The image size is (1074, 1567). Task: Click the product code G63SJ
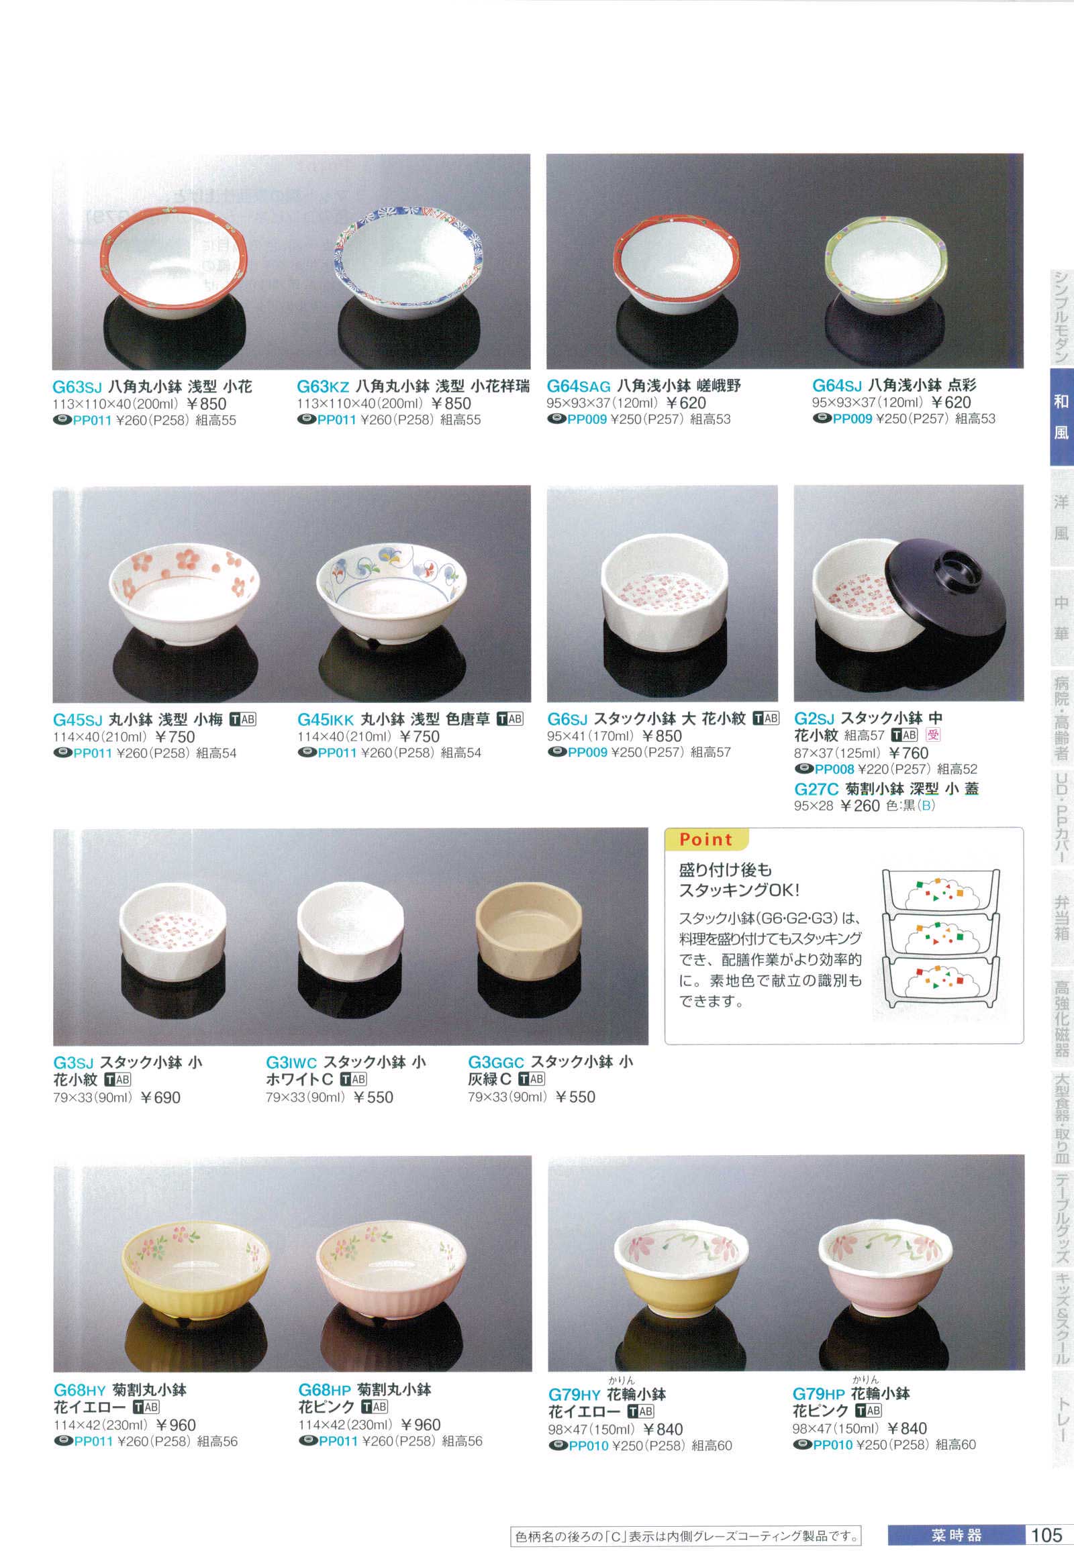[x=77, y=386]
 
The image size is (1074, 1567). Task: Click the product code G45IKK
[x=325, y=720]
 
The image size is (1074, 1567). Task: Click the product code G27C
[x=816, y=789]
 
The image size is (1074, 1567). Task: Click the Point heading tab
[x=705, y=839]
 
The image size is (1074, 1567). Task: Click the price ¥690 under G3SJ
[x=160, y=1097]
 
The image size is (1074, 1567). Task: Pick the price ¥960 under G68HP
[x=421, y=1425]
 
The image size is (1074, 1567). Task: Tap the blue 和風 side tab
[x=1061, y=417]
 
